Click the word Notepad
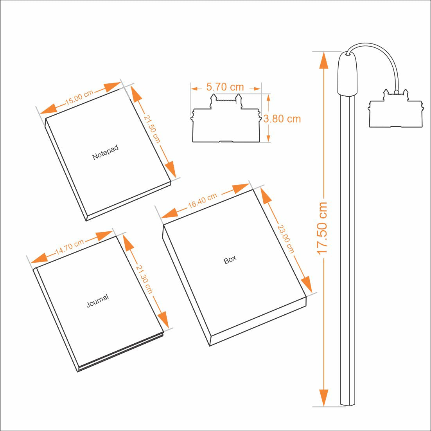[105, 152]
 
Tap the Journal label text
[97, 301]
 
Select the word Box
[230, 260]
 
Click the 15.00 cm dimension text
[79, 97]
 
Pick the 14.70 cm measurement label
[70, 247]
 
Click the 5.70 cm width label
[225, 87]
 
